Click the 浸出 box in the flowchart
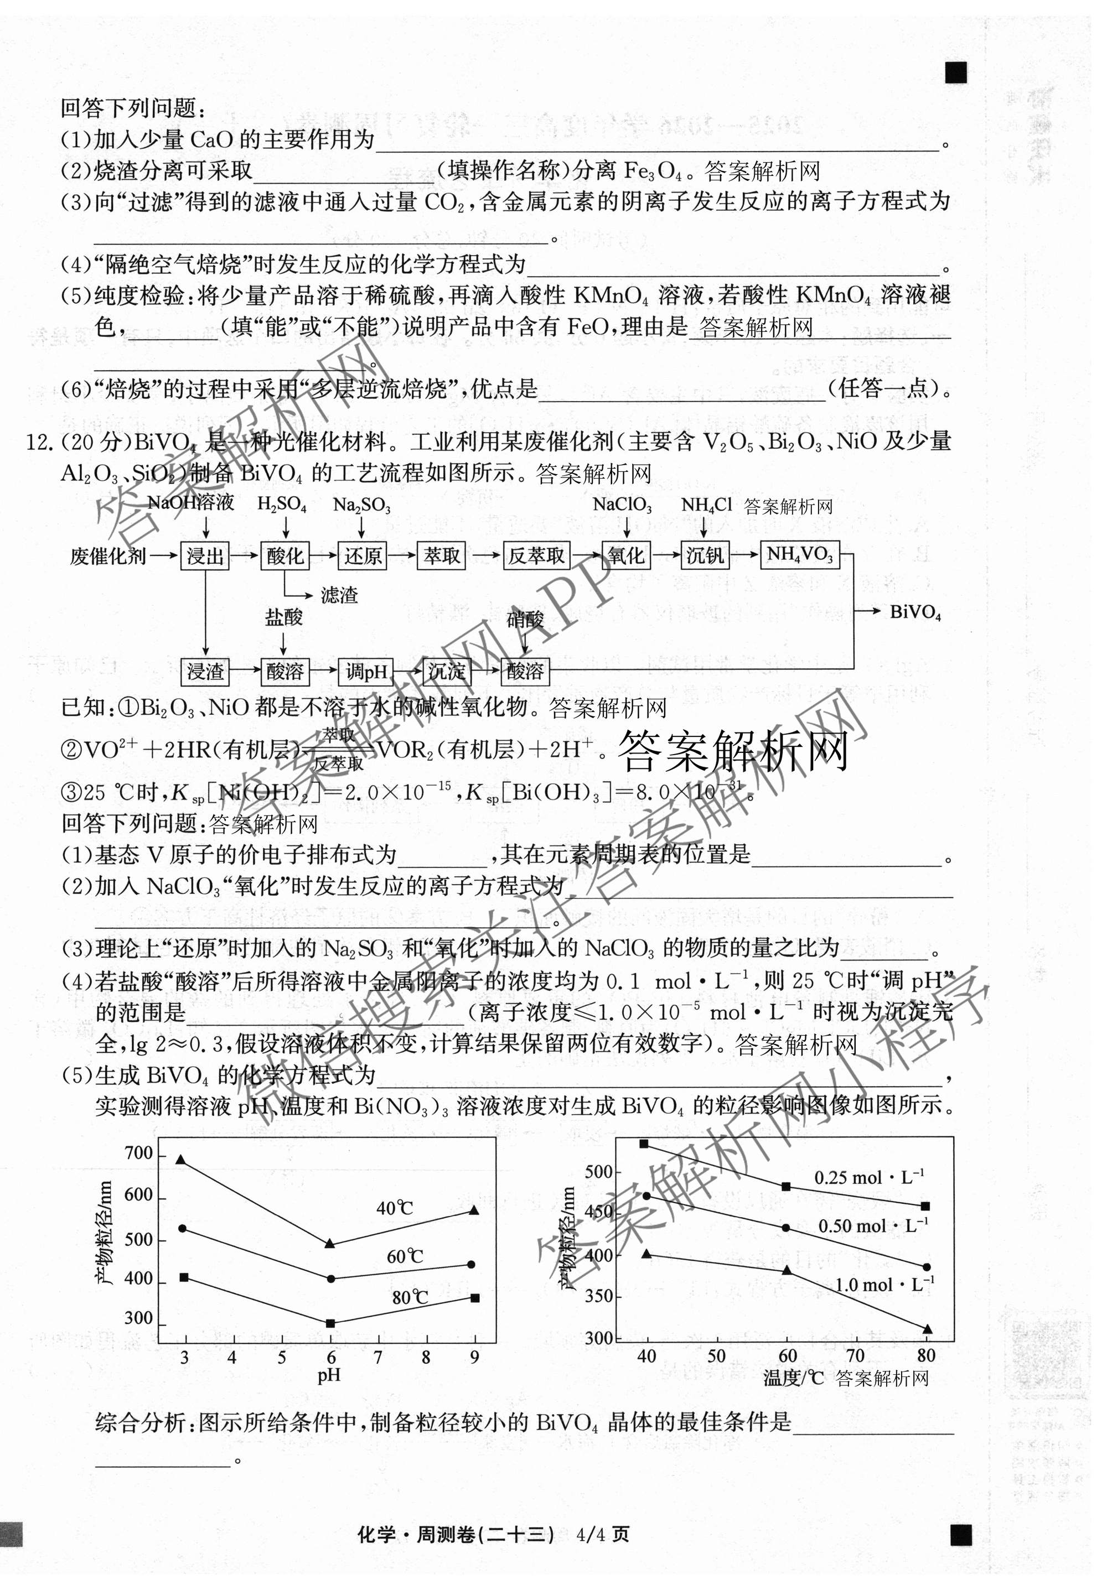point(205,555)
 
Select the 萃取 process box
point(442,555)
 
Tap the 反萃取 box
point(536,555)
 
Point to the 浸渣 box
point(205,671)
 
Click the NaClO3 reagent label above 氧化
point(622,505)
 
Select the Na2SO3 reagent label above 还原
point(361,505)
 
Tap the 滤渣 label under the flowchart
point(339,595)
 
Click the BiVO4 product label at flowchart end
point(915,612)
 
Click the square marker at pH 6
point(330,1323)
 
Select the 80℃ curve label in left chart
point(410,1297)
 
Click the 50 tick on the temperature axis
point(716,1356)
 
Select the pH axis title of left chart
point(328,1375)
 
